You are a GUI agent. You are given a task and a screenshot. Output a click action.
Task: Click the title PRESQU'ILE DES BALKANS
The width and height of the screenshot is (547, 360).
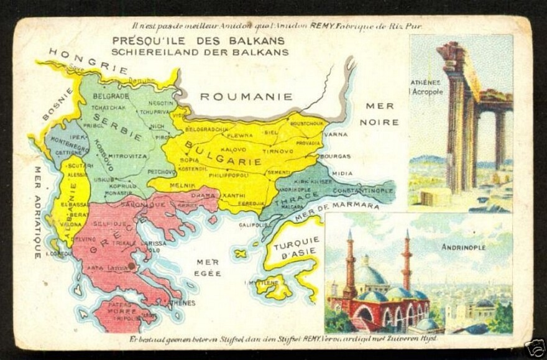pos(198,42)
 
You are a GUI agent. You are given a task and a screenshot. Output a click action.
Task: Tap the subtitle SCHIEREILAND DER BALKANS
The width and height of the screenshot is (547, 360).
pos(200,52)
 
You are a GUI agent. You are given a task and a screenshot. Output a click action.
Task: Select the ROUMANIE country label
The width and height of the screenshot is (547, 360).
pos(246,96)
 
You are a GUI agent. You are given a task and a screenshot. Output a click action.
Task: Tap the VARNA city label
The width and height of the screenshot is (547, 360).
pos(336,134)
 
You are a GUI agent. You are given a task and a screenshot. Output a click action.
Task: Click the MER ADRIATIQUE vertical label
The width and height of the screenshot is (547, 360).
pos(38,212)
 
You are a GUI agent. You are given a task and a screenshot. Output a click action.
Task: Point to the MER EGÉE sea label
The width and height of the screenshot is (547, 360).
pos(209,267)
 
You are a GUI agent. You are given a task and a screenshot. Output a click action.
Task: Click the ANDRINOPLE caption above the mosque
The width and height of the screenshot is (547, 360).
pos(463,247)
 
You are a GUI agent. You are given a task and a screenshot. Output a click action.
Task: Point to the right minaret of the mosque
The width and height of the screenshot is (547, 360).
pos(407,261)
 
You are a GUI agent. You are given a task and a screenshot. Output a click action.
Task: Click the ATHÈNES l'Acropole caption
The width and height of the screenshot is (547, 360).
pos(426,87)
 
